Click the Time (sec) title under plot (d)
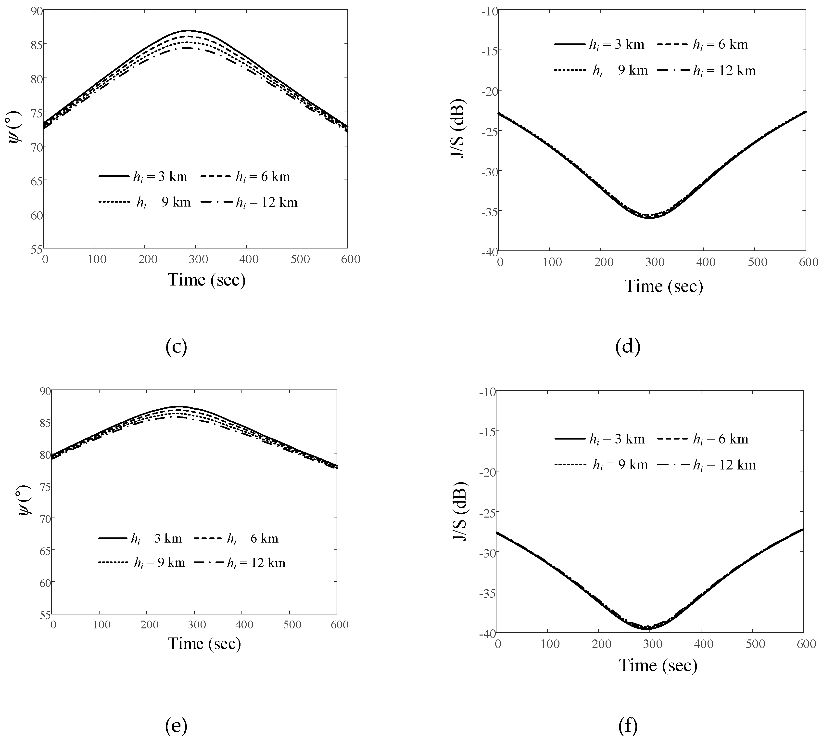click(x=664, y=286)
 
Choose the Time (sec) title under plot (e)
click(x=205, y=643)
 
